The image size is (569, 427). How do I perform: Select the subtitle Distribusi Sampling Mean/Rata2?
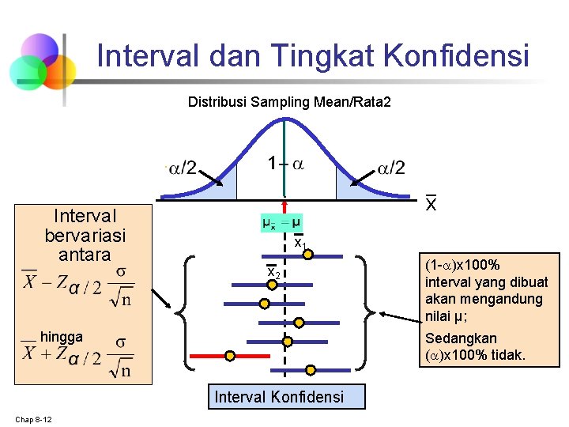(289, 102)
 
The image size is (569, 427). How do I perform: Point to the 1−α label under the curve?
(285, 164)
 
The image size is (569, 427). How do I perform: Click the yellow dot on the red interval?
(230, 356)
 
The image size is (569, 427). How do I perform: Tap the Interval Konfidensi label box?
(279, 396)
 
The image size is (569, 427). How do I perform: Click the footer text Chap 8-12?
(33, 418)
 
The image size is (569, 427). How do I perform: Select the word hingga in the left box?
(62, 337)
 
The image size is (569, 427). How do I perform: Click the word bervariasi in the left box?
(85, 235)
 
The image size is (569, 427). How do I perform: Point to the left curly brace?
(190, 312)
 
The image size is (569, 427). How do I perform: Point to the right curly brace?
(366, 312)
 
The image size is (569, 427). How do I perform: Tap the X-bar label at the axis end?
(431, 204)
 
